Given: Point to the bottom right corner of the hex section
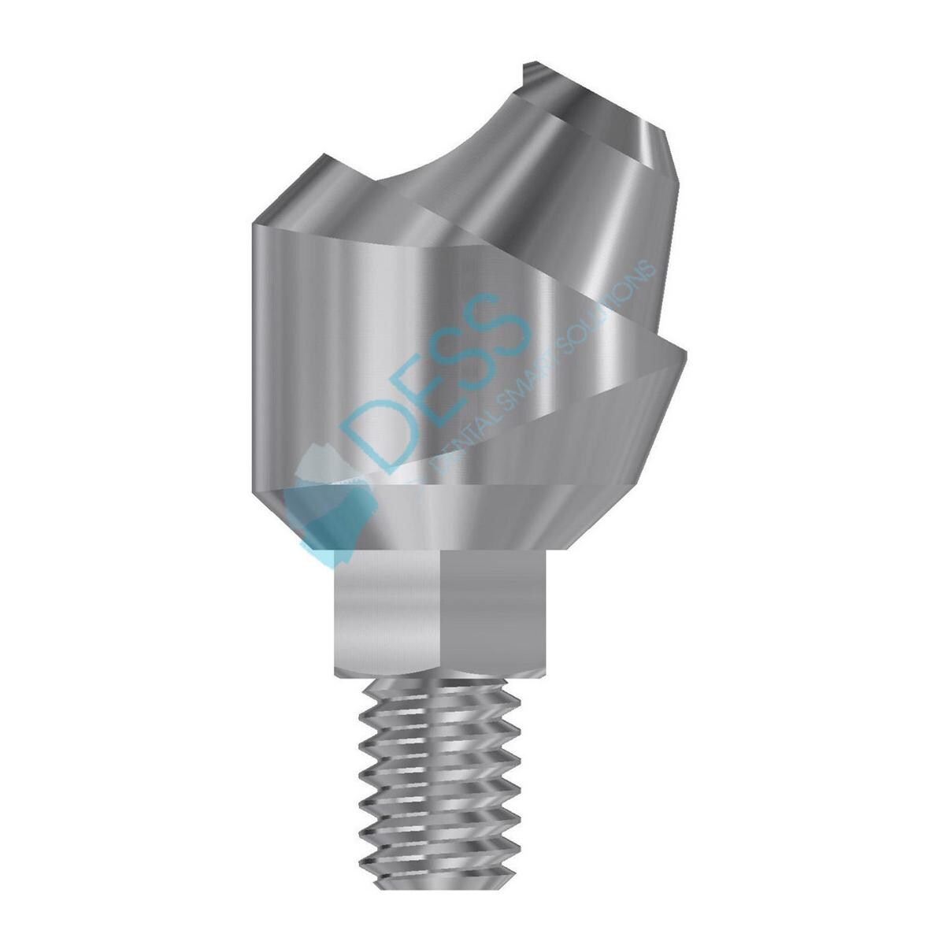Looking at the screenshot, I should tap(545, 673).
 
